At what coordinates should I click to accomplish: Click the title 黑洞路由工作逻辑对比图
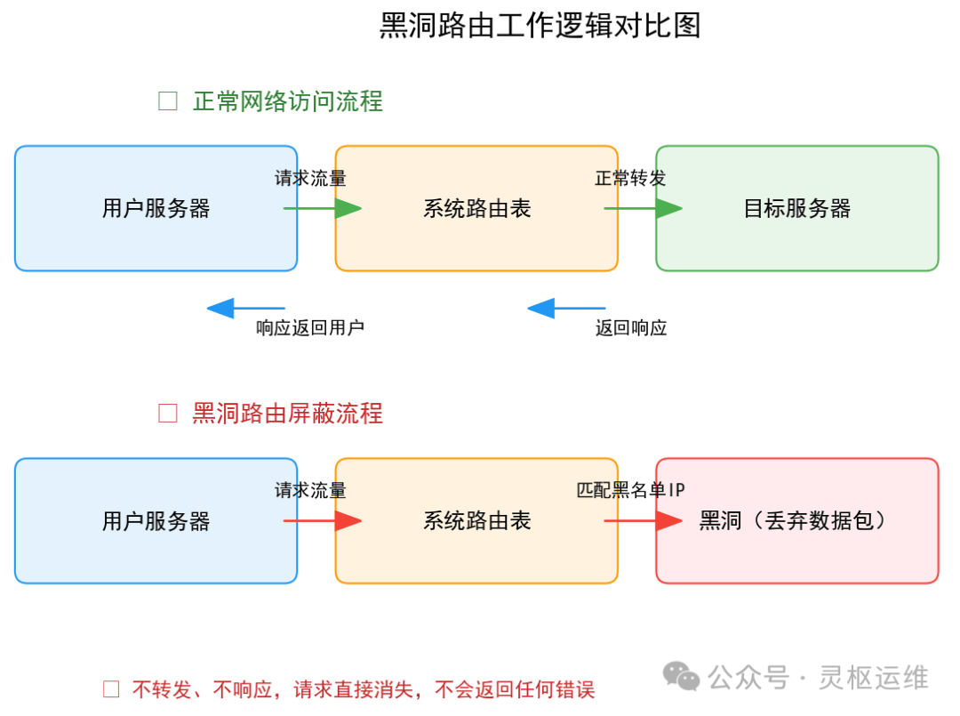[x=540, y=25]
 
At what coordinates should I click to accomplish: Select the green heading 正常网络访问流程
[x=287, y=101]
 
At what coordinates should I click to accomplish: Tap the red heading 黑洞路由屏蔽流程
[x=287, y=414]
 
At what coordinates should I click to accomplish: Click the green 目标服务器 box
[x=796, y=208]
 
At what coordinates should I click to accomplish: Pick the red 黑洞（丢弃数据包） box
[x=796, y=520]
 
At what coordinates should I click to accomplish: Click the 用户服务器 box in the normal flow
[x=156, y=208]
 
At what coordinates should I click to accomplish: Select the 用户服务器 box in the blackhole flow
[x=156, y=520]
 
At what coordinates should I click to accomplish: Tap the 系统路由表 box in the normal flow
[x=476, y=208]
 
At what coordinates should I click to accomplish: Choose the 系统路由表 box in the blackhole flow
[x=476, y=520]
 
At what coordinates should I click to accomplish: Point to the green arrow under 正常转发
[x=643, y=209]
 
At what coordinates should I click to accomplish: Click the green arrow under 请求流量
[x=323, y=209]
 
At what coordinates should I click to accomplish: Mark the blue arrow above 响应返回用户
[x=245, y=309]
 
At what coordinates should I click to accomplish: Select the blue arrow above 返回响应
[x=566, y=309]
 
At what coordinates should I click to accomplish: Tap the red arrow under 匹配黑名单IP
[x=643, y=521]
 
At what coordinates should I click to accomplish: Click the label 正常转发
[x=630, y=178]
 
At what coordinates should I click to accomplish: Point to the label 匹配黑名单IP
[x=630, y=490]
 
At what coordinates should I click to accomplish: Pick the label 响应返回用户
[x=310, y=328]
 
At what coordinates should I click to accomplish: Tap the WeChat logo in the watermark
[x=683, y=678]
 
